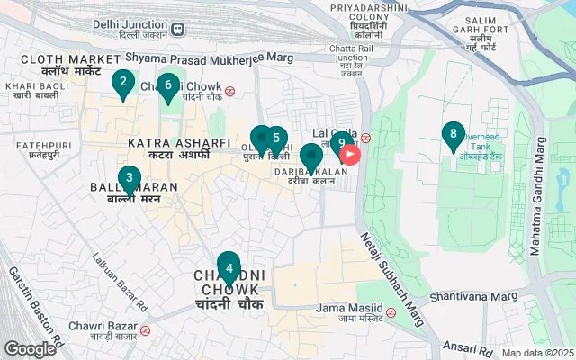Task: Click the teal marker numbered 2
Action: tap(121, 84)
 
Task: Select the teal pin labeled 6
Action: tap(167, 85)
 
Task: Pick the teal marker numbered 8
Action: tap(454, 135)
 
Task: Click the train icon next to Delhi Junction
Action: tap(177, 28)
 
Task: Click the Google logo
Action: tap(30, 348)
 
